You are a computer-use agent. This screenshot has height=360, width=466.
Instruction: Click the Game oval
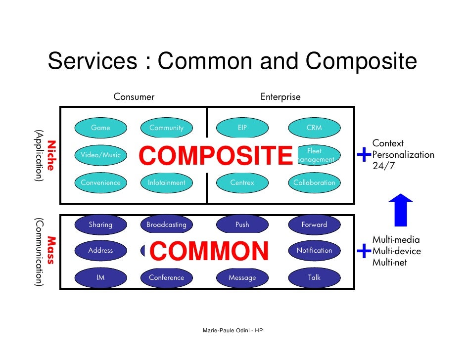(100, 128)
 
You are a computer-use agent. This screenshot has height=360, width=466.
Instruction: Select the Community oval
(166, 128)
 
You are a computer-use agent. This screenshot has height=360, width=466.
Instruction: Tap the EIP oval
(242, 128)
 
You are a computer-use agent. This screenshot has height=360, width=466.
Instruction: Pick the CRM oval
(314, 128)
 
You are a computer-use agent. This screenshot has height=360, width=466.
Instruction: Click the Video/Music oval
(100, 155)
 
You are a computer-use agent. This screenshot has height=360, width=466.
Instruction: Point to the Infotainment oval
(166, 182)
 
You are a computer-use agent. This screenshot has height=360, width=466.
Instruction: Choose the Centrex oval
(242, 182)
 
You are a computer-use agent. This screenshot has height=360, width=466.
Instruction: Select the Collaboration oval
(314, 182)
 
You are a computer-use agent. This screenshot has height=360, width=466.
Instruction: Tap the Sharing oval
(100, 225)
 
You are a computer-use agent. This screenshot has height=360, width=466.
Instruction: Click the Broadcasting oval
(166, 225)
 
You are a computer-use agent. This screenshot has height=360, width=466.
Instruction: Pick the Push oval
(242, 225)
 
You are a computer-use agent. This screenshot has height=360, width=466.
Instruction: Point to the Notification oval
(314, 250)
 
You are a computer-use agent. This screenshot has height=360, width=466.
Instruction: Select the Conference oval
(166, 277)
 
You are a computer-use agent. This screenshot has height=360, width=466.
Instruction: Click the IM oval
(100, 277)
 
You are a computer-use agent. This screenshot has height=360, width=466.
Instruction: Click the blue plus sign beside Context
(363, 155)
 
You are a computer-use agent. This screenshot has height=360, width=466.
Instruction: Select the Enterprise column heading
(280, 97)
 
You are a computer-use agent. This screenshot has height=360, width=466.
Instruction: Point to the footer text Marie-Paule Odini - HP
(233, 330)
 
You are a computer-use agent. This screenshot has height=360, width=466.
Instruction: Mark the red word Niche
(51, 155)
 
